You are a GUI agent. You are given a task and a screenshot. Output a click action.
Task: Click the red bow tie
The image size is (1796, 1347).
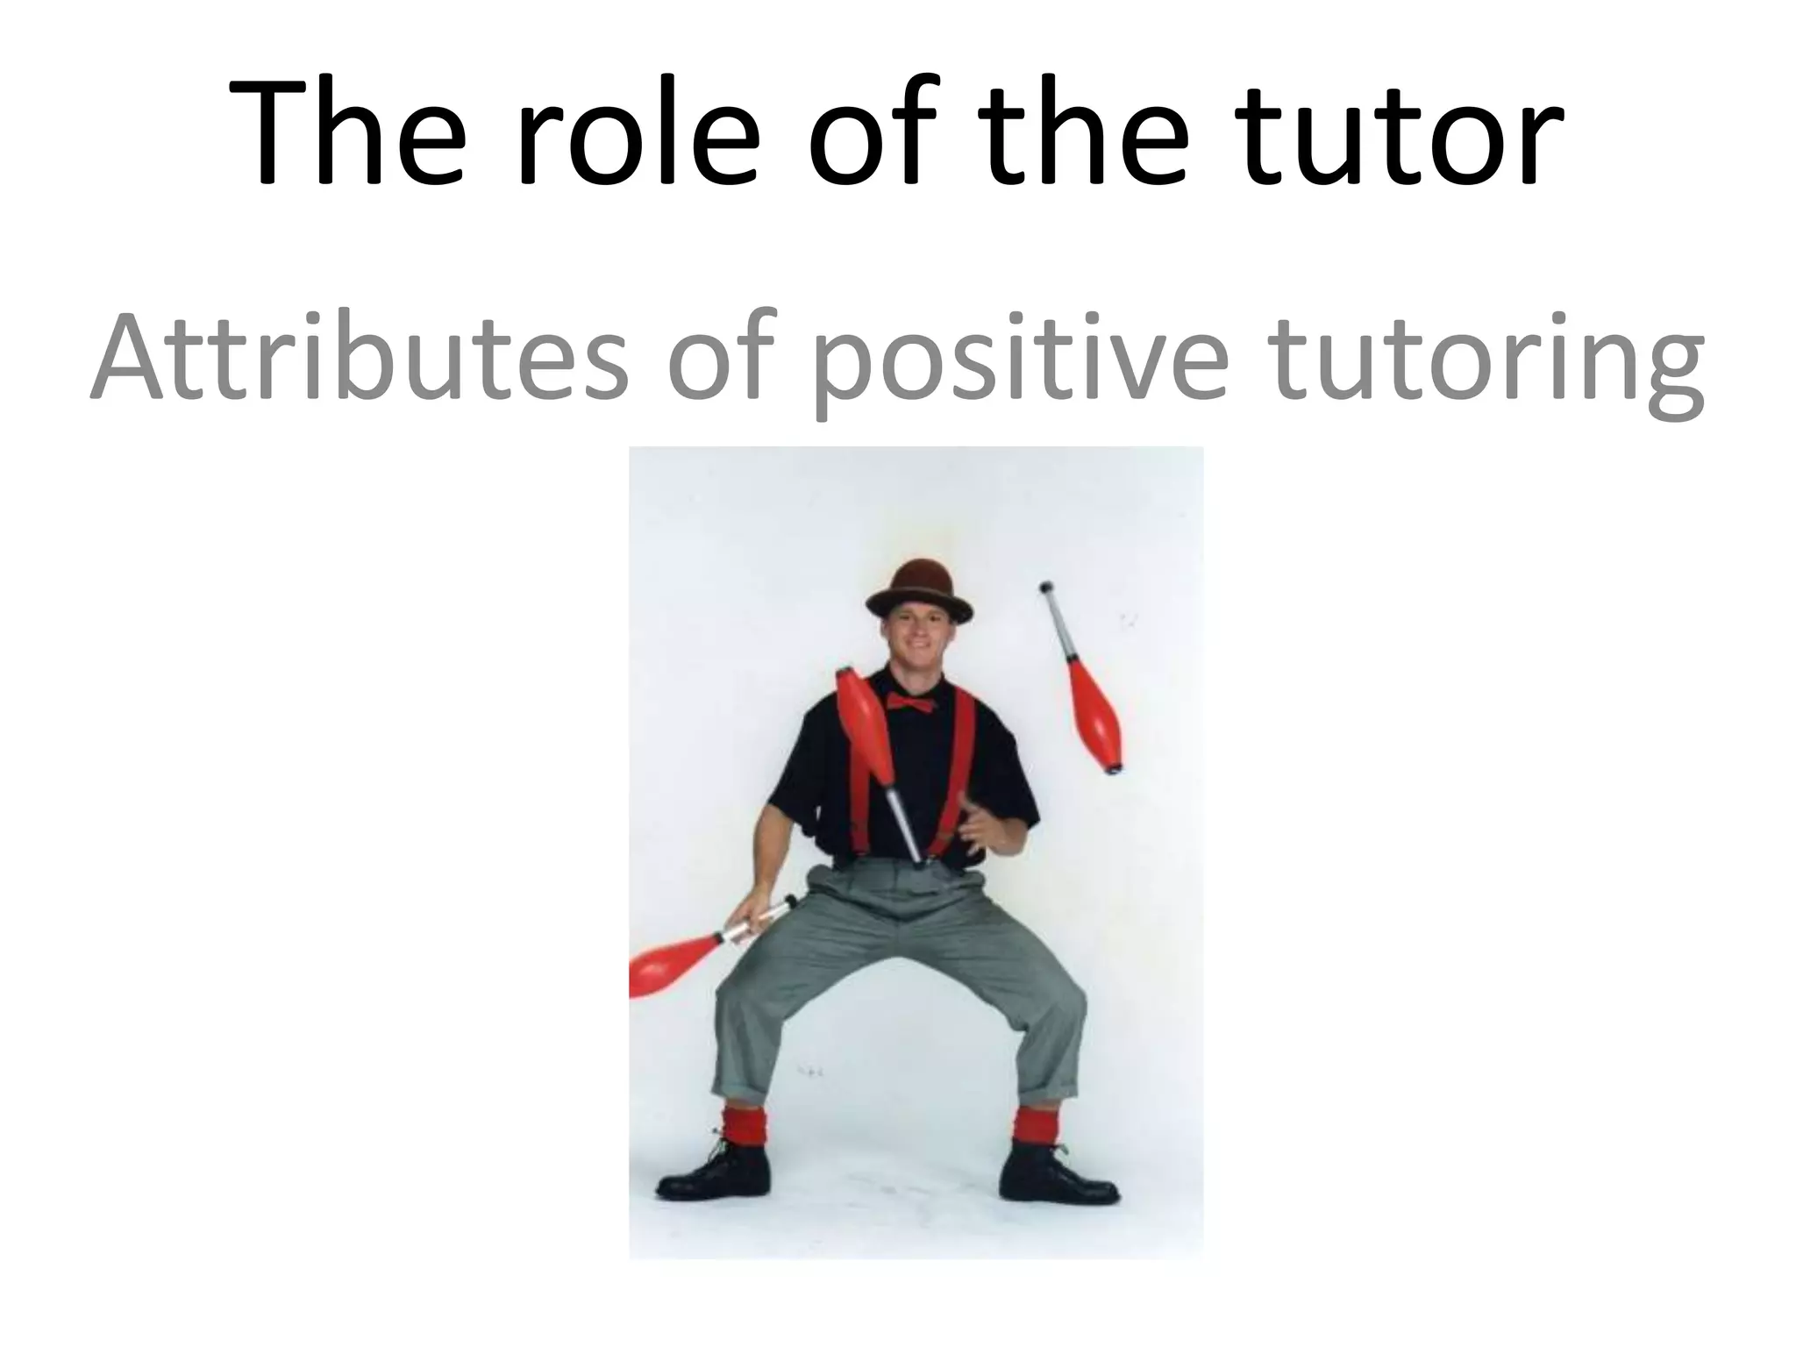click(909, 702)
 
